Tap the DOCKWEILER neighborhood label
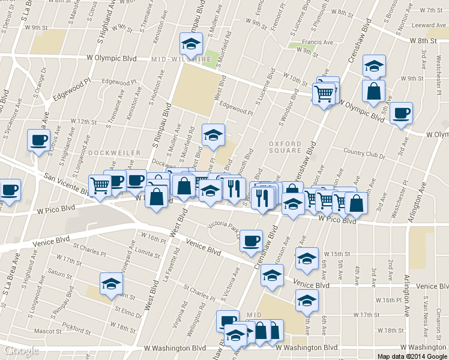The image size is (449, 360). tap(114, 153)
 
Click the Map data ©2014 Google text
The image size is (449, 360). tap(412, 356)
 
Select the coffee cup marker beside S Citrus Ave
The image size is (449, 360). tap(39, 141)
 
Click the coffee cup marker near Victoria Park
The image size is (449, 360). tap(251, 240)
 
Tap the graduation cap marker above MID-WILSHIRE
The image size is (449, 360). tap(191, 43)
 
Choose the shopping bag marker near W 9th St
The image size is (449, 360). tap(373, 92)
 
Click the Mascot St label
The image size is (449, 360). tap(48, 331)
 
